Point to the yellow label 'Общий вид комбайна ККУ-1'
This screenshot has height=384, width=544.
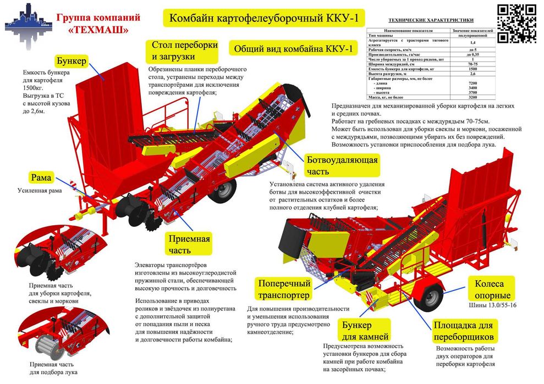coord(292,48)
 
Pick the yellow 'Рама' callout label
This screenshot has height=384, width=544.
coord(41,177)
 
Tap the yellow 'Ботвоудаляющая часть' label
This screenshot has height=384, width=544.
coord(342,166)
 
